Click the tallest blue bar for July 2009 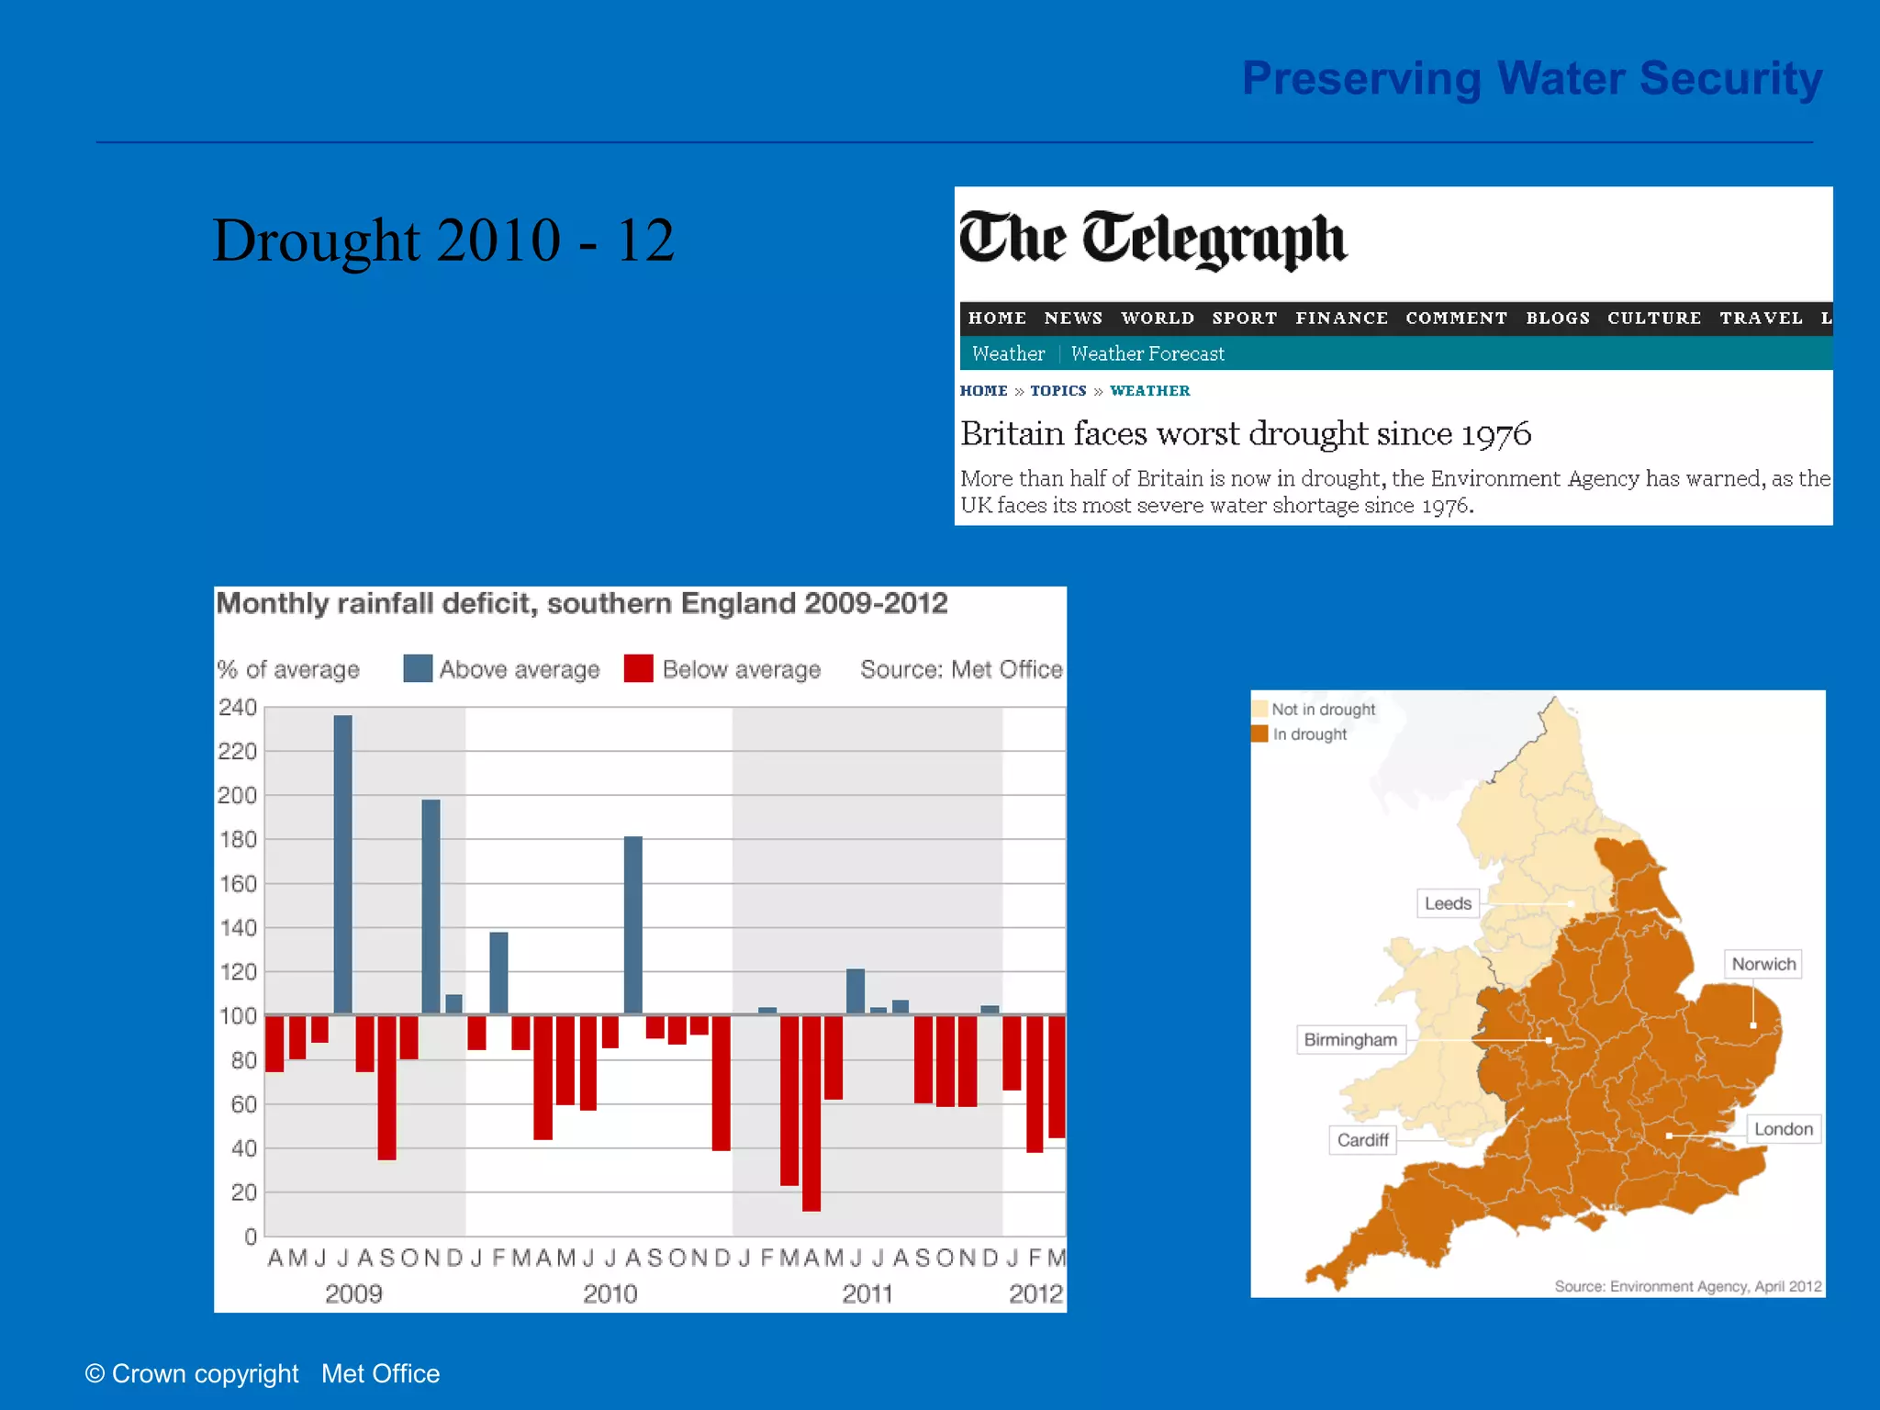tap(342, 863)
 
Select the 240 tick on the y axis tap(238, 708)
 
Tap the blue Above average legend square tap(418, 668)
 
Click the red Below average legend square tap(638, 668)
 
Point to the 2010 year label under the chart tap(610, 1293)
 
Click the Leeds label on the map tap(1448, 903)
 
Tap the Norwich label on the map tap(1762, 964)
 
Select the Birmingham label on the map tap(1350, 1040)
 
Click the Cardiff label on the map tap(1362, 1140)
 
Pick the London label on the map tap(1783, 1129)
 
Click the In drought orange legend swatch tap(1260, 733)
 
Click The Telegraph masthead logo tap(1152, 239)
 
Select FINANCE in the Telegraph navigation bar tap(1341, 319)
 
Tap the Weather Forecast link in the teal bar tap(1147, 354)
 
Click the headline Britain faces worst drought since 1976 tap(1245, 433)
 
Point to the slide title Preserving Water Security tap(1531, 78)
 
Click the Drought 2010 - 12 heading tap(443, 241)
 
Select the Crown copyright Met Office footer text tap(263, 1373)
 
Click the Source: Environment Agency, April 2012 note tap(1687, 1286)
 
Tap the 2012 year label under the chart tap(1035, 1293)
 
